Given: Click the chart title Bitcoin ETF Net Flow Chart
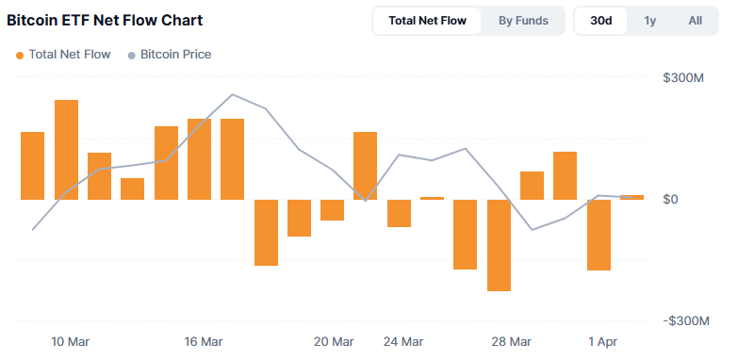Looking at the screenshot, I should (x=105, y=20).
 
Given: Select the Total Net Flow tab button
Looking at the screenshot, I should (x=426, y=20).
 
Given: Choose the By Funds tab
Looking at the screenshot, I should (x=523, y=20).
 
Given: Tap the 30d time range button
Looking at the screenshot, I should (x=600, y=20).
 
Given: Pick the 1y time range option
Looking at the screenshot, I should (x=650, y=20).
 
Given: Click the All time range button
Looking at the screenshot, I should (x=695, y=20).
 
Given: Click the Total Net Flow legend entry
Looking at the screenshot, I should (x=62, y=55).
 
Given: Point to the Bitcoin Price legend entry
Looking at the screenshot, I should (x=169, y=55).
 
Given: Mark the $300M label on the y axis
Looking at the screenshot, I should (x=684, y=77).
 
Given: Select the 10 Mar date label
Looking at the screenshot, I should (x=71, y=341).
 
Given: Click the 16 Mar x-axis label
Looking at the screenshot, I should (x=204, y=341).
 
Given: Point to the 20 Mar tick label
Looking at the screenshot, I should (x=334, y=341).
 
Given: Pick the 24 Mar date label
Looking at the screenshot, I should (x=403, y=341).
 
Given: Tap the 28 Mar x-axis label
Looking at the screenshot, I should (x=513, y=341).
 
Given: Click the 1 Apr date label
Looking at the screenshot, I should (x=603, y=341).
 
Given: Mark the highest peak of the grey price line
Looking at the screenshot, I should (x=233, y=94).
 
